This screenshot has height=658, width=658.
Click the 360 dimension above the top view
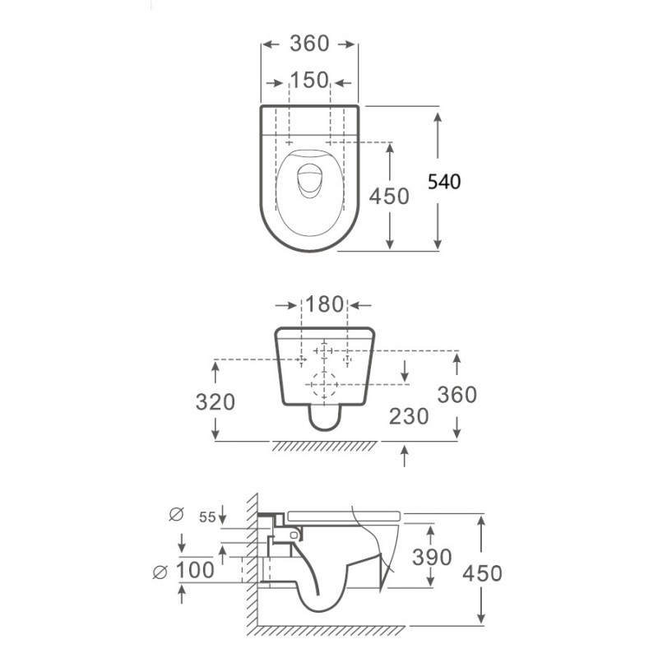click(309, 44)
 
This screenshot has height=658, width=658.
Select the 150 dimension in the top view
click(309, 80)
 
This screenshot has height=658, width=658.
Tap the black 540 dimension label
click(444, 182)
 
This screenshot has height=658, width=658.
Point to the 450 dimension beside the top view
click(389, 197)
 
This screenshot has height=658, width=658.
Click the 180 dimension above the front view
click(325, 304)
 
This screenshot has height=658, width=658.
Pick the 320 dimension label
click(215, 402)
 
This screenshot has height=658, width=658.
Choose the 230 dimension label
click(409, 416)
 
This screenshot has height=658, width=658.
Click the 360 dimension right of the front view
click(457, 395)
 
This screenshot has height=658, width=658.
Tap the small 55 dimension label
click(207, 517)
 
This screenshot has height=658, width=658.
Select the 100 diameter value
click(195, 570)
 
